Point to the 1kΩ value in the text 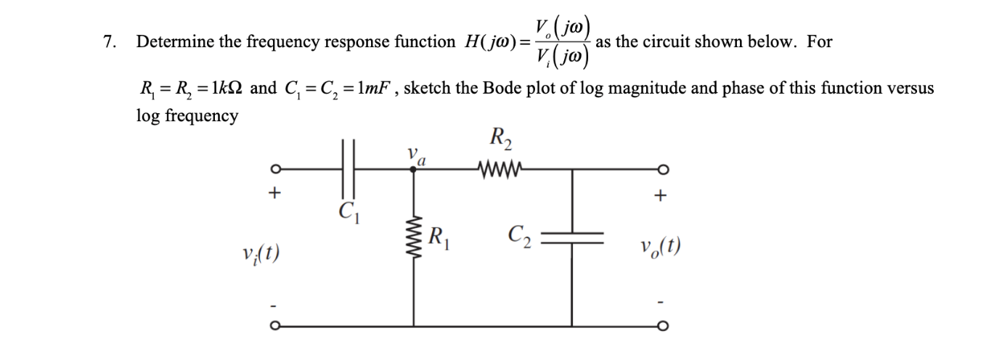click(x=223, y=89)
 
